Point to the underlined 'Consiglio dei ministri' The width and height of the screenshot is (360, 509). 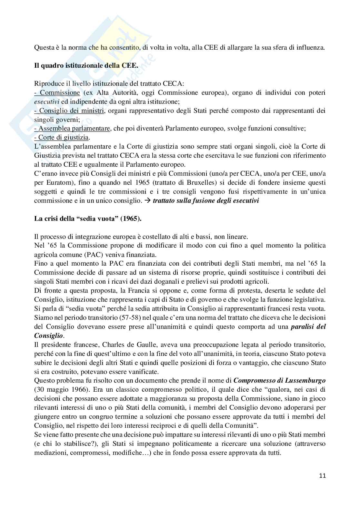pyautogui.click(x=69, y=111)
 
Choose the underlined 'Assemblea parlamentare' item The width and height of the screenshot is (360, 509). pyautogui.click(x=72, y=129)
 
